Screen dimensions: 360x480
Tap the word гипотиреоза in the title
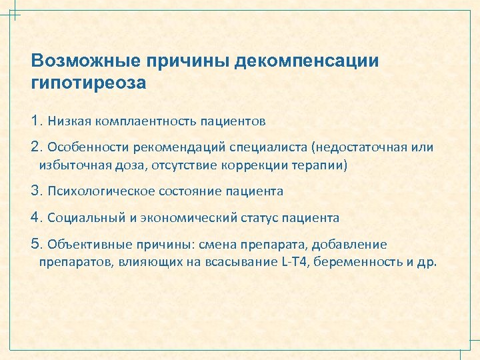point(88,85)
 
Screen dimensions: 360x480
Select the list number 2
point(36,147)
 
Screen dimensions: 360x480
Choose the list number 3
point(36,191)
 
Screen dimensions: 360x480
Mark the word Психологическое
point(101,191)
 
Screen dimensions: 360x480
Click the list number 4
point(36,217)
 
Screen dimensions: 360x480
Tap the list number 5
point(36,244)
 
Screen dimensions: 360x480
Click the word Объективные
point(83,245)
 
